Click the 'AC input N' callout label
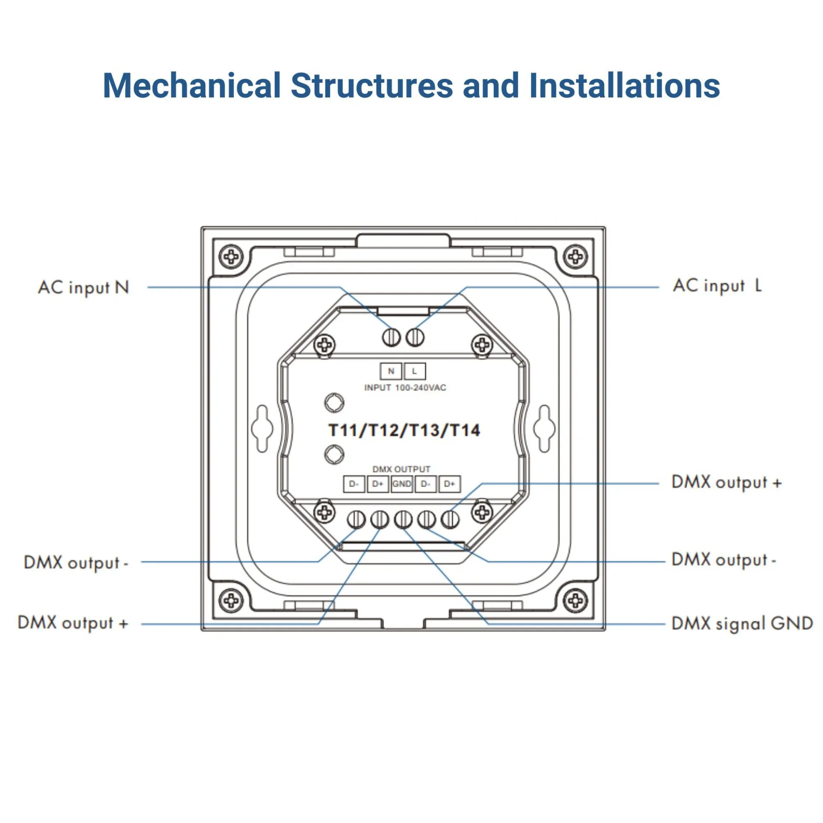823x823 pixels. (x=84, y=287)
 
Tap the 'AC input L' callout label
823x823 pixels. (x=717, y=285)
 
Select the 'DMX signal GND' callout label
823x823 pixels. (x=742, y=624)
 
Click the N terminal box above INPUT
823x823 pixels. (x=391, y=371)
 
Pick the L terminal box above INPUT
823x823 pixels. (x=414, y=371)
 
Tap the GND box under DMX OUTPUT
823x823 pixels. (x=401, y=484)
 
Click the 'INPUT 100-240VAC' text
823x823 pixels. (x=405, y=388)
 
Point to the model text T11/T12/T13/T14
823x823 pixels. (x=404, y=430)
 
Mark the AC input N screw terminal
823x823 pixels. (x=391, y=338)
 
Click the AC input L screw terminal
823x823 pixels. (x=415, y=338)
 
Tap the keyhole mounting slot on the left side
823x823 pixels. (x=262, y=428)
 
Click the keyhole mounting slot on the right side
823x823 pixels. (x=544, y=428)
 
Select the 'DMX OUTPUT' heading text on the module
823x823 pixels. (x=401, y=469)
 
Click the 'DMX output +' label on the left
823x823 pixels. (x=73, y=623)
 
